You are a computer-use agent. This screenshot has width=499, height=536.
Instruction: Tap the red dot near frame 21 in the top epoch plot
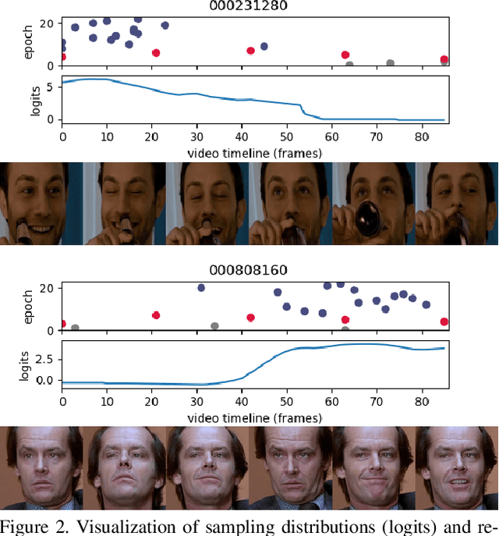coord(156,53)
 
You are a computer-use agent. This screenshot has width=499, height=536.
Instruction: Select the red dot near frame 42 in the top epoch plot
coord(250,51)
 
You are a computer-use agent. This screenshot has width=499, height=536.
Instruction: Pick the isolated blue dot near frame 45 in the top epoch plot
coord(264,46)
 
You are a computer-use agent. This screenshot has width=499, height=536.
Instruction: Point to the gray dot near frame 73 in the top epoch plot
coord(390,63)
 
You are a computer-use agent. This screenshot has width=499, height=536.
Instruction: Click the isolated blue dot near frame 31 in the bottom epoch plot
coord(201,287)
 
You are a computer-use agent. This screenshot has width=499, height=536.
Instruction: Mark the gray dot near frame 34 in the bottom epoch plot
coord(214,326)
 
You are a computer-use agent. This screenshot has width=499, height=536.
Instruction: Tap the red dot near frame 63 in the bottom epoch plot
coord(345,320)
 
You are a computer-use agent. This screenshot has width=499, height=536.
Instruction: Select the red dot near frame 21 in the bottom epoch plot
coord(156,315)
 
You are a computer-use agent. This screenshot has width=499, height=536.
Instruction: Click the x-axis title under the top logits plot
coord(255,152)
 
